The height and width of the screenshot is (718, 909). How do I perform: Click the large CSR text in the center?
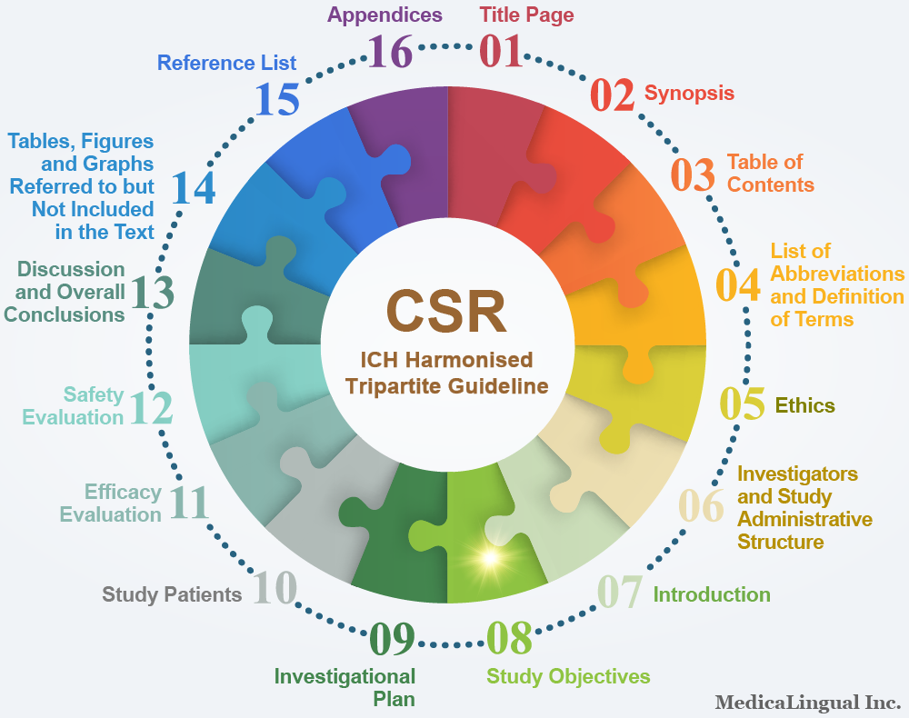(x=446, y=311)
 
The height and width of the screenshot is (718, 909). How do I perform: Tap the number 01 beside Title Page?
(x=502, y=51)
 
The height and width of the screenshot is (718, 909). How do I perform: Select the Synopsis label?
(x=689, y=94)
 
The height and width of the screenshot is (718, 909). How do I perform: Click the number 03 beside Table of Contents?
(x=693, y=175)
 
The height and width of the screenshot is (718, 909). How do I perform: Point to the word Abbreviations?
(x=837, y=274)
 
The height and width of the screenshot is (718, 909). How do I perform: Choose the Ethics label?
(x=804, y=405)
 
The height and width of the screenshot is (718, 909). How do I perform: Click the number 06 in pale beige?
(x=702, y=505)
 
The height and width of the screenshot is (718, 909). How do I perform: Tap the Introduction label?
(x=712, y=594)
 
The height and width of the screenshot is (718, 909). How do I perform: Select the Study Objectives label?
(x=568, y=676)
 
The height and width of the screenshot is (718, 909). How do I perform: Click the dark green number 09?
(x=393, y=638)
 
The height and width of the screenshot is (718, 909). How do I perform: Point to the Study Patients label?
(x=172, y=594)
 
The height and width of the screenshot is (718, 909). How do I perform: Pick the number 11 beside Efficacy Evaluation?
(x=189, y=503)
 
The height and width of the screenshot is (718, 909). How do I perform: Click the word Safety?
(x=94, y=394)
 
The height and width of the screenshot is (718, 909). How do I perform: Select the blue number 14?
(x=194, y=188)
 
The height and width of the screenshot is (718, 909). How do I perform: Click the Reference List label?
(x=226, y=63)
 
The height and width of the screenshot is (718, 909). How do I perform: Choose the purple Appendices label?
(x=385, y=15)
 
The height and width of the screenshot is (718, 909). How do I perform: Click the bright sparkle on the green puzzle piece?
(x=490, y=558)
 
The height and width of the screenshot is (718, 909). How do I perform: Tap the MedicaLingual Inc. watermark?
(x=807, y=703)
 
